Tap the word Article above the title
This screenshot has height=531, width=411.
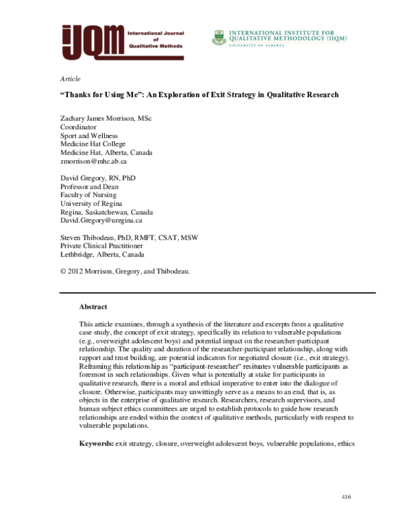[71, 79]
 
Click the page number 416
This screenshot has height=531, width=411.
[345, 495]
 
